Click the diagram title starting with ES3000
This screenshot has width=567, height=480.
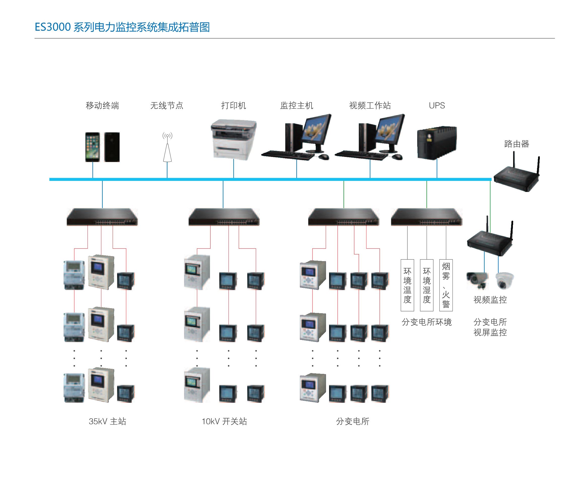[122, 27]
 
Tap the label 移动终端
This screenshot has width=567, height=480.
[102, 106]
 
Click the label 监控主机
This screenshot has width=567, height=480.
[297, 106]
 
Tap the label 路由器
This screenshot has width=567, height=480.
[516, 144]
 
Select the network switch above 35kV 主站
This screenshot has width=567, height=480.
[102, 217]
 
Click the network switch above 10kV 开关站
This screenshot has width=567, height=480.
[224, 217]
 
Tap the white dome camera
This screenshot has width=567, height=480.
[504, 280]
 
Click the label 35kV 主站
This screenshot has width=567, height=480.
[107, 421]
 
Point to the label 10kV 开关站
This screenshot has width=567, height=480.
[224, 421]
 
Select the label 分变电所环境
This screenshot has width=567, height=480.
[427, 322]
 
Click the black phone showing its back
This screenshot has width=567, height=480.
[112, 147]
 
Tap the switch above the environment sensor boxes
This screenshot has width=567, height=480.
[427, 217]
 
